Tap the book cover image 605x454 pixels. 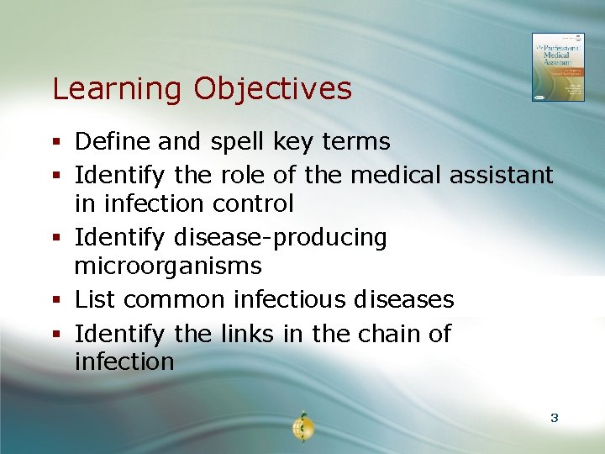(557, 67)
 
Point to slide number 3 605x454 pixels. (554, 417)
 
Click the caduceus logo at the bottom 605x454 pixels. (302, 426)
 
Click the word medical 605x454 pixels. (396, 175)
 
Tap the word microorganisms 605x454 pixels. (168, 267)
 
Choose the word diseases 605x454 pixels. (404, 299)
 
